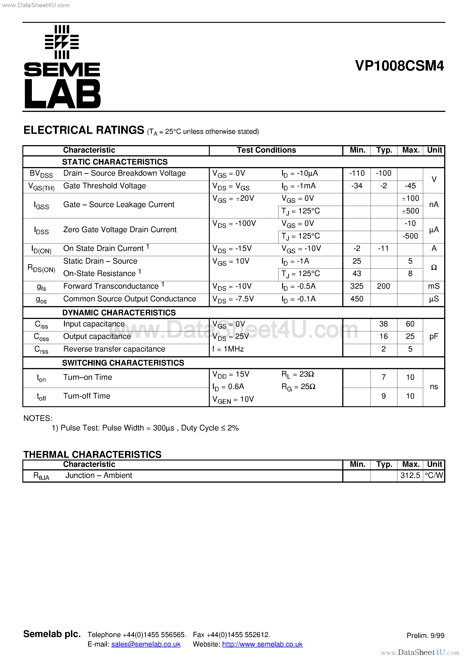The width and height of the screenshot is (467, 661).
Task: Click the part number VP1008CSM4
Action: tap(399, 66)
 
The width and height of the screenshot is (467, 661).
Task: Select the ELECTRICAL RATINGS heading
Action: tap(84, 130)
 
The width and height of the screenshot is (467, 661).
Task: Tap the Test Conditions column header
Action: tap(266, 150)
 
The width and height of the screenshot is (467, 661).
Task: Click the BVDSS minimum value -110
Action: tap(357, 173)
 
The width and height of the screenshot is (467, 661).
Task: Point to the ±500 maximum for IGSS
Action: tap(410, 211)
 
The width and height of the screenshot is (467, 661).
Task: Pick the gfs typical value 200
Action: tap(384, 286)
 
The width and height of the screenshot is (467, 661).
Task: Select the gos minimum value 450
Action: tap(357, 299)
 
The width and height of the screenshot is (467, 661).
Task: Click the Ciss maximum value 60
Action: tap(410, 324)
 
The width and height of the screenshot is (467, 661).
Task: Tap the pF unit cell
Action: tap(434, 337)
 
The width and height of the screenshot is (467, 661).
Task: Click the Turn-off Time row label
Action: tap(87, 396)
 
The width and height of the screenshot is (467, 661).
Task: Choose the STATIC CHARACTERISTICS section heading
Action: tap(115, 162)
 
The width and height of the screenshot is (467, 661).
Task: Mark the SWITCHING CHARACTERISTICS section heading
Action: tap(123, 363)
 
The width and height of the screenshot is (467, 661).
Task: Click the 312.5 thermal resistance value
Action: tap(410, 475)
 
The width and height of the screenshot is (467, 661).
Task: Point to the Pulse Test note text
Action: tap(145, 428)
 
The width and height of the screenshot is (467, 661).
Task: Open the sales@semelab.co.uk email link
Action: tap(146, 644)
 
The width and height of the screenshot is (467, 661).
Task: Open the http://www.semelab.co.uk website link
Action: tap(262, 644)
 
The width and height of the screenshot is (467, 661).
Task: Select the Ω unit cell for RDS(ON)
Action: tap(434, 267)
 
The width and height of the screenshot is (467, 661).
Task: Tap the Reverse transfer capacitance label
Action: tap(114, 349)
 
